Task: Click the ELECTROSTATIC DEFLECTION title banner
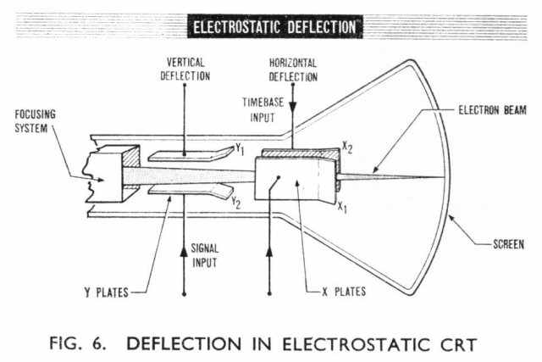pos(275,26)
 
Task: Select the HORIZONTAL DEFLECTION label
pos(292,70)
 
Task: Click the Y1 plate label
pos(240,150)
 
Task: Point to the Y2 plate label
pos(241,203)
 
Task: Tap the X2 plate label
pos(346,148)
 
